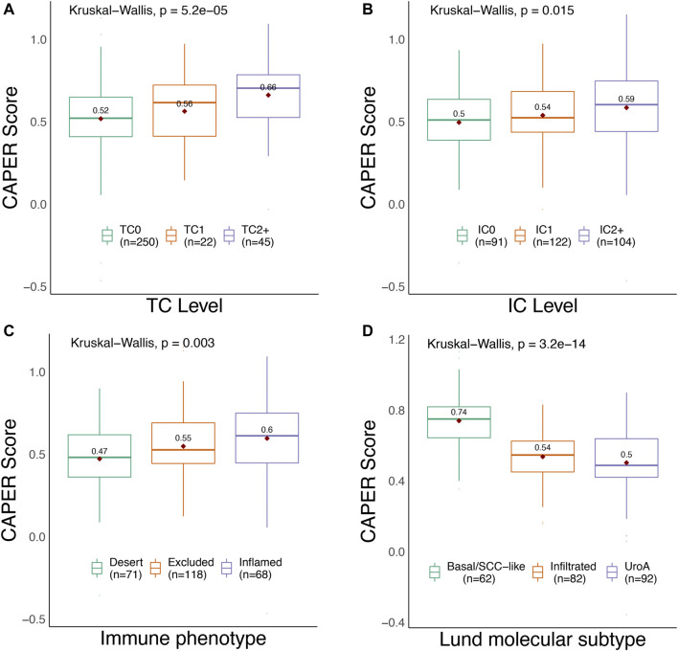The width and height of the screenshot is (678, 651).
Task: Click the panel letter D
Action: click(350, 336)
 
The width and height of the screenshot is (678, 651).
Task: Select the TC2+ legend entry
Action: click(248, 236)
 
